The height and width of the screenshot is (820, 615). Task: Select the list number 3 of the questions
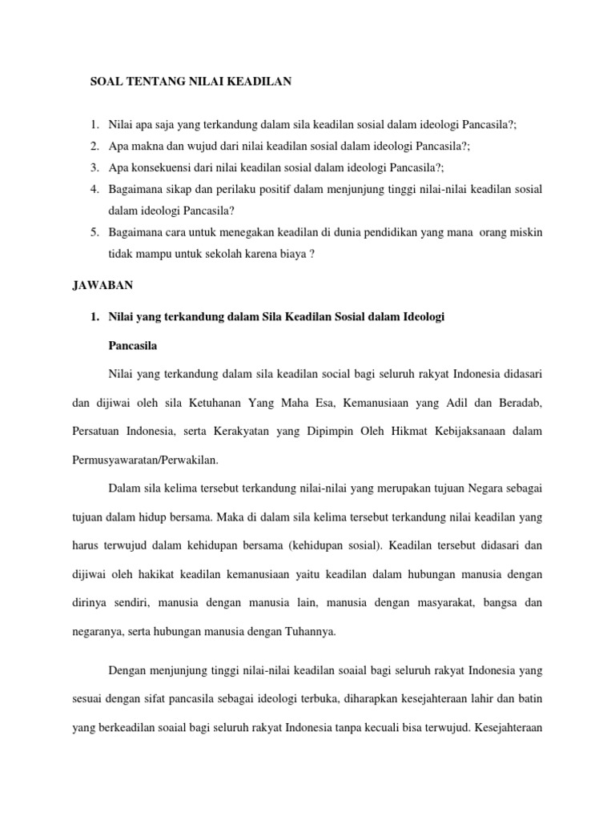[x=94, y=167]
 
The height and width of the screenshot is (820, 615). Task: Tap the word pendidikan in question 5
[x=396, y=232]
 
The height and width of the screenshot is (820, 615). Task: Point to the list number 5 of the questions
[x=94, y=232]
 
